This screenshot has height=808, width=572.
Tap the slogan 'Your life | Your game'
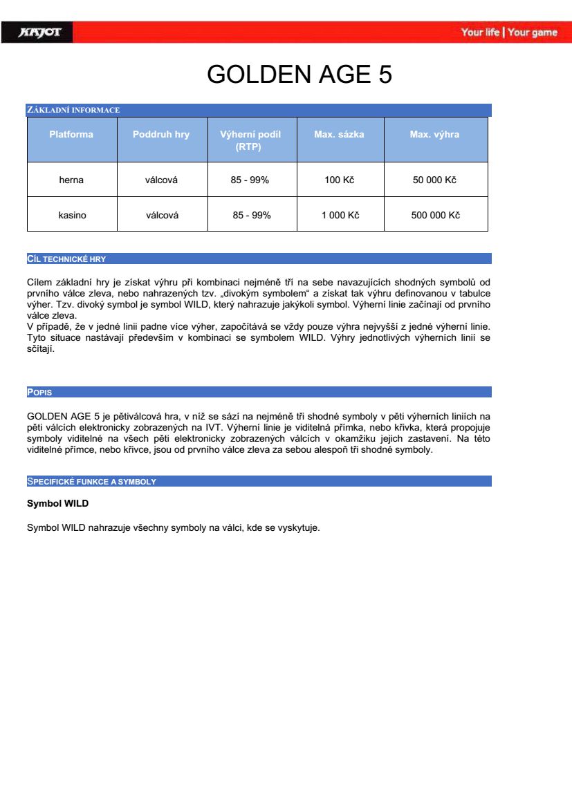click(x=509, y=32)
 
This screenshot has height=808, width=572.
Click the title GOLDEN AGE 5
click(x=299, y=75)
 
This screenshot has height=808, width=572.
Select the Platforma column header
click(x=71, y=134)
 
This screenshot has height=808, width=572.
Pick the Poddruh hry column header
click(x=161, y=134)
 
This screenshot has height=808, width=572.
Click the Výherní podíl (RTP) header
click(x=250, y=140)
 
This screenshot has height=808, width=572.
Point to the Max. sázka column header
click(x=339, y=134)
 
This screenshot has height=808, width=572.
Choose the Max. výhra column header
click(x=434, y=134)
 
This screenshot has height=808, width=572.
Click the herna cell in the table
click(x=71, y=180)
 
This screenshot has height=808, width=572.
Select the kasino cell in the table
click(x=72, y=215)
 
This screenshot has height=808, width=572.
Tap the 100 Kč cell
click(x=339, y=180)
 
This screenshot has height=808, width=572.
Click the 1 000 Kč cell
click(x=340, y=215)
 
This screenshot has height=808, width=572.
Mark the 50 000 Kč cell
click(x=435, y=180)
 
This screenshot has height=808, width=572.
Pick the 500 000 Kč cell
click(x=435, y=215)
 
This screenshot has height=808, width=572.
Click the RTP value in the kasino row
click(x=252, y=215)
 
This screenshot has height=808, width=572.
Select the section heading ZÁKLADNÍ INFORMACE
click(x=73, y=110)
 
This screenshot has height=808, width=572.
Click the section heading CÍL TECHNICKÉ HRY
click(x=66, y=259)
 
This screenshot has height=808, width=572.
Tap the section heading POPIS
click(x=39, y=393)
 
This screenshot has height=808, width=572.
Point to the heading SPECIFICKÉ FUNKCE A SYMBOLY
click(x=91, y=481)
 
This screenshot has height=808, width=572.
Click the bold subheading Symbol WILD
click(x=57, y=503)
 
